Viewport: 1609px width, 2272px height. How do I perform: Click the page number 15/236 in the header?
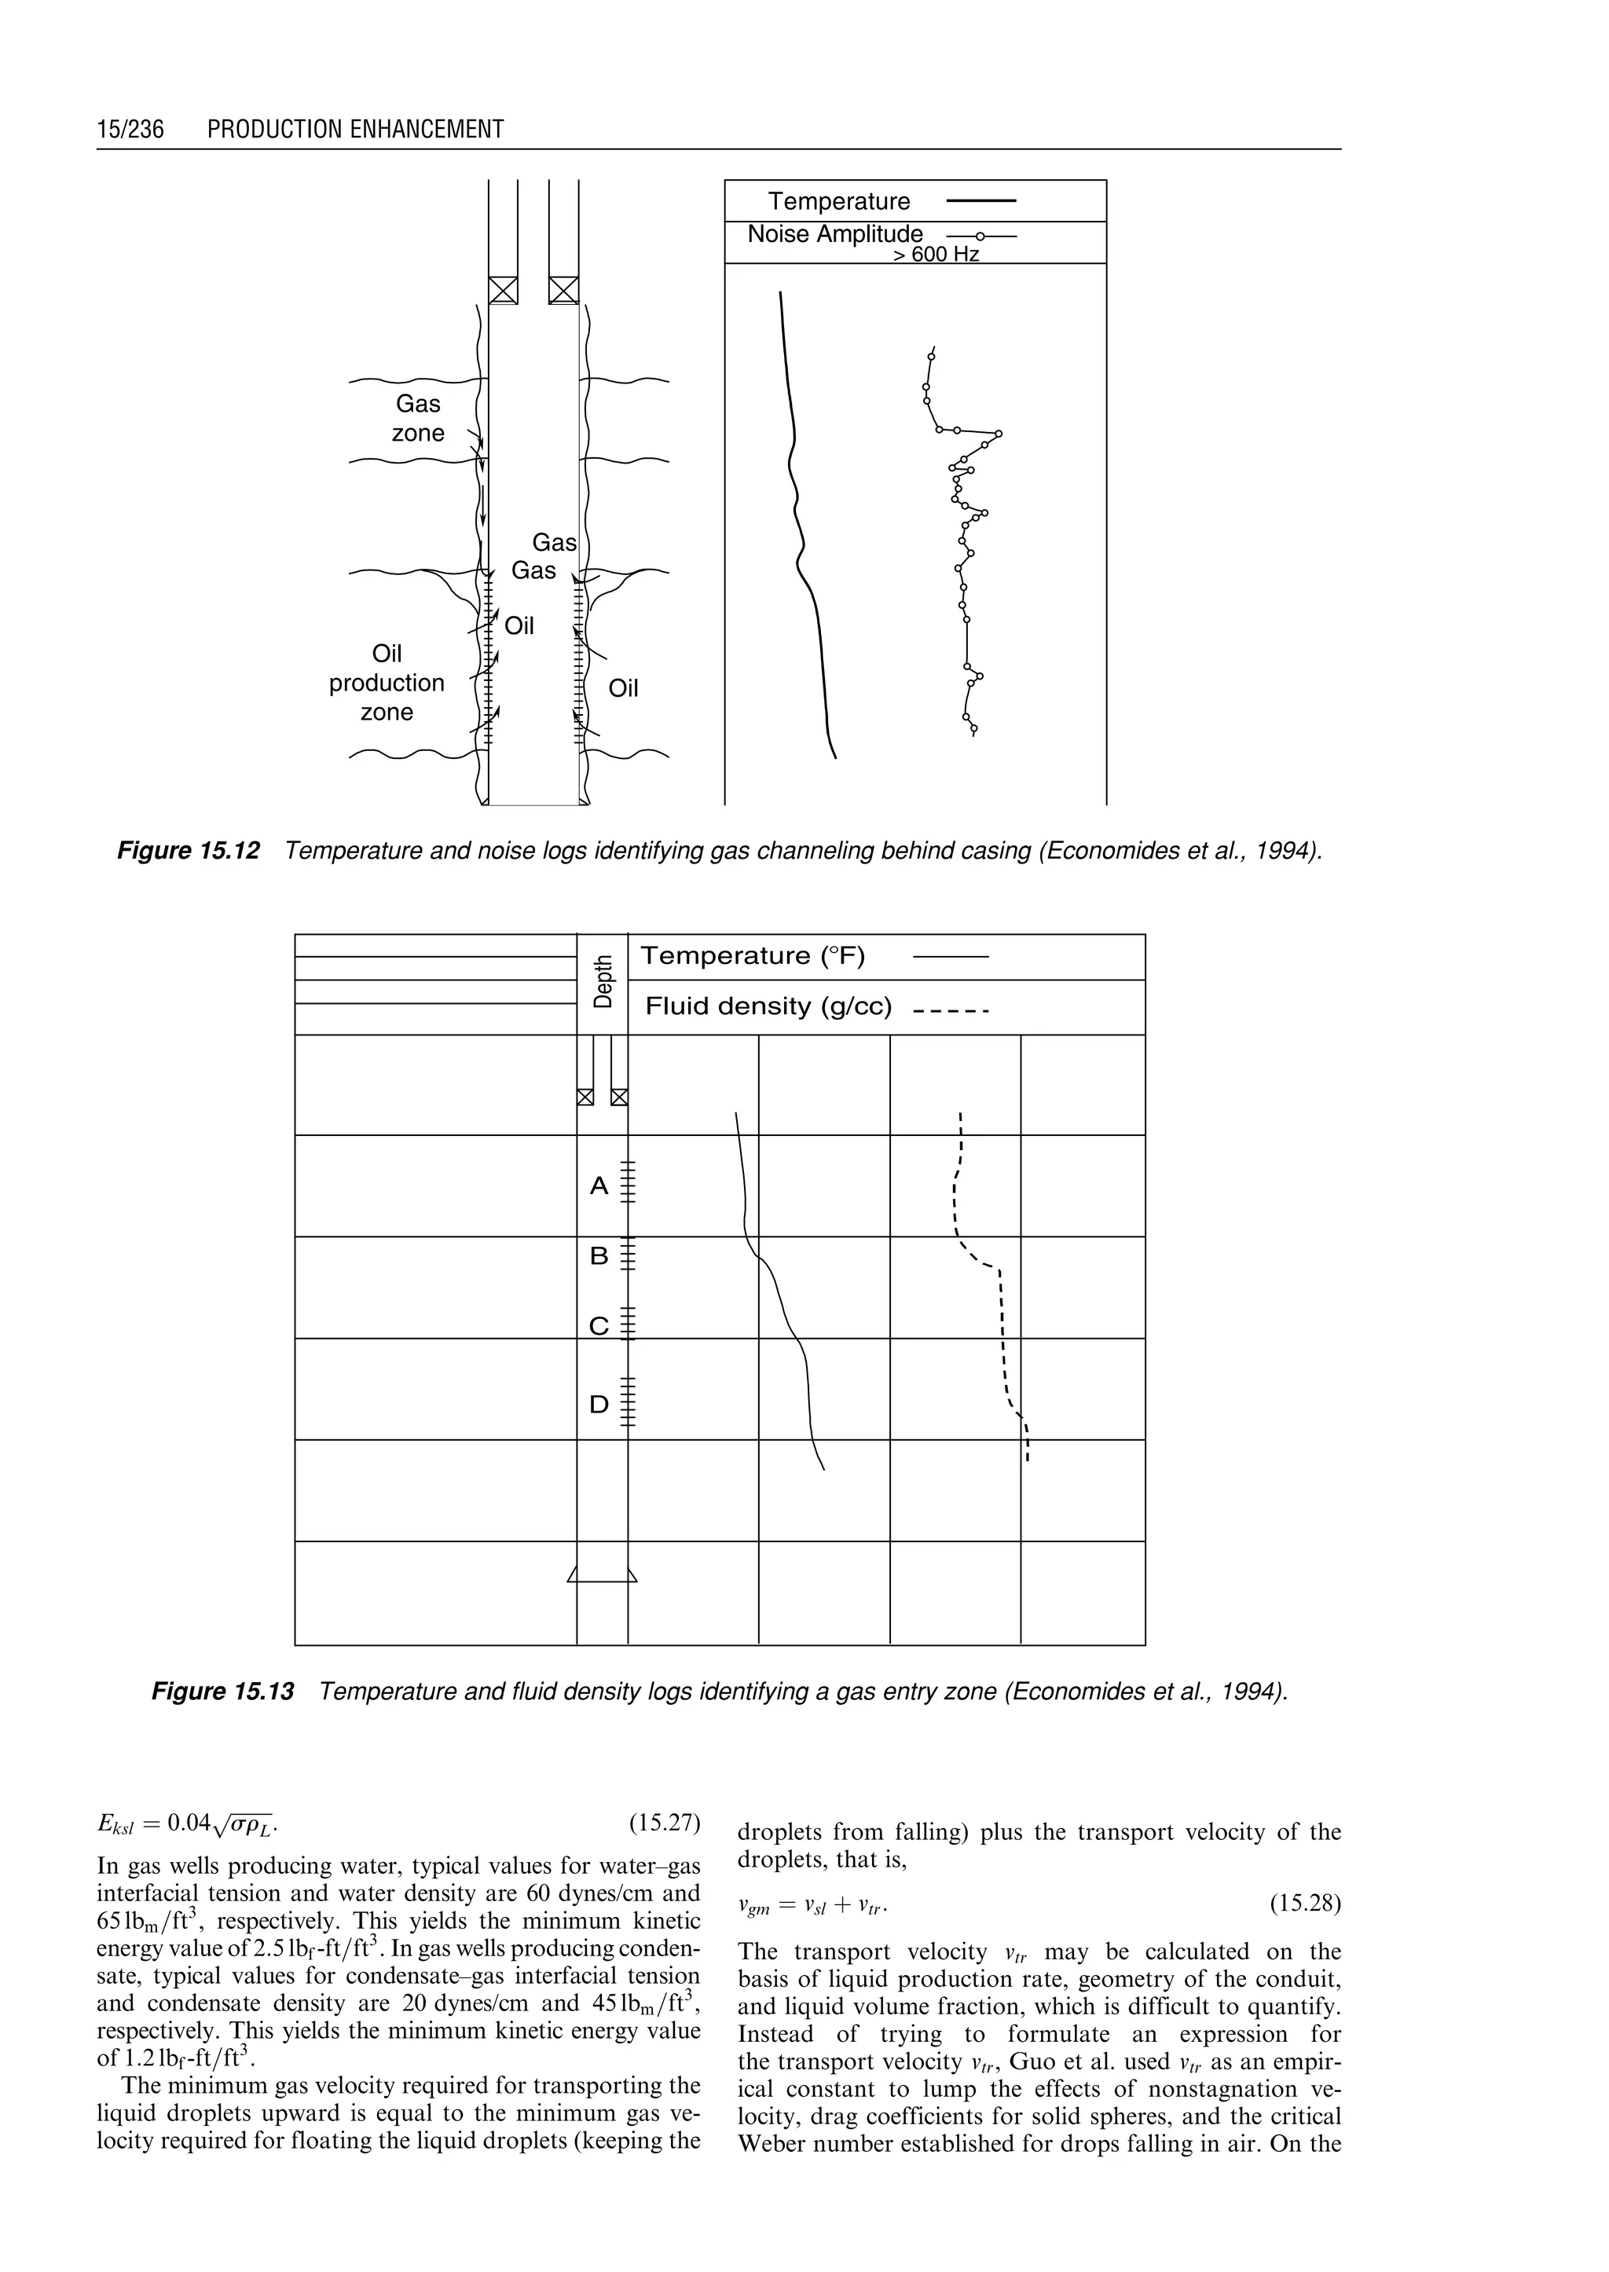130,130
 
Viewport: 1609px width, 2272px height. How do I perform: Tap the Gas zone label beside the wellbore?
418,418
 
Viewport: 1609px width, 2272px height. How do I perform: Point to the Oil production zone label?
387,683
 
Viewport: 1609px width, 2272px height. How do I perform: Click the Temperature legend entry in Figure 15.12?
839,202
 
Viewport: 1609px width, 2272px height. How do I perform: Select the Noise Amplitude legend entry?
834,235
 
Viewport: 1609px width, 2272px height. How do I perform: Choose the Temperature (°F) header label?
753,956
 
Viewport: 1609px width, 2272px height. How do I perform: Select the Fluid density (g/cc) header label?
769,1006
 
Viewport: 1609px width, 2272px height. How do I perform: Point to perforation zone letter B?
599,1256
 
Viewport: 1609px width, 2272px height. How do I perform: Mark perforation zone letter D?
599,1405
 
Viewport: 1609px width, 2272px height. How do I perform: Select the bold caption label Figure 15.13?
223,1691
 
